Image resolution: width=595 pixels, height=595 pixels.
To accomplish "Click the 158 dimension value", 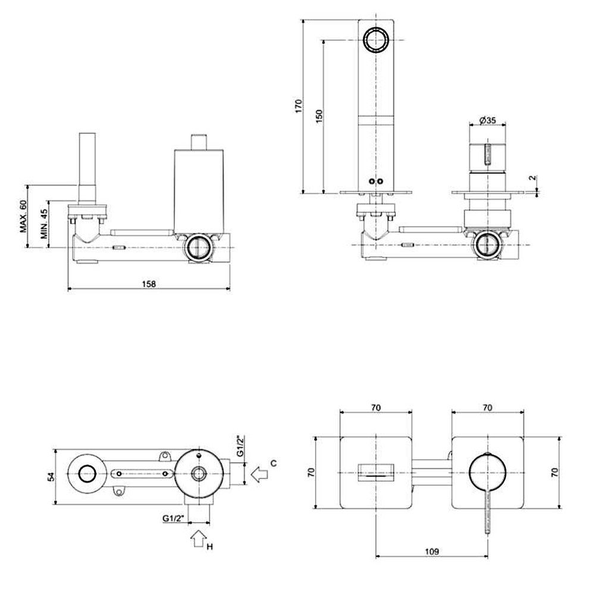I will point(149,284).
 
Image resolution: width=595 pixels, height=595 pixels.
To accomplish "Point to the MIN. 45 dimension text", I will point(44,224).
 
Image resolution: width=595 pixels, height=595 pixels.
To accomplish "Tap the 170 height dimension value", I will point(299,106).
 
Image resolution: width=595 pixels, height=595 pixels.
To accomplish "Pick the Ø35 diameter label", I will point(488,120).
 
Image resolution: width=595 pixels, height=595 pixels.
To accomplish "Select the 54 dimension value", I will point(51,476).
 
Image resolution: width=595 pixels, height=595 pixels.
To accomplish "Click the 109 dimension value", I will point(433,552).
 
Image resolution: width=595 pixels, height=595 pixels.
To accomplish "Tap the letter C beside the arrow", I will point(273,462).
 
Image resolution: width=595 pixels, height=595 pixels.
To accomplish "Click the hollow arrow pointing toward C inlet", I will point(259,475).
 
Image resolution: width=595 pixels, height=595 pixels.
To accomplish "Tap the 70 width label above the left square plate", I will point(376,408).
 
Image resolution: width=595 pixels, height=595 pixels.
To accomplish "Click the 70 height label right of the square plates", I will point(554,473).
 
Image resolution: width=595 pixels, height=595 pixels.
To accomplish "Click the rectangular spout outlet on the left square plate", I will point(376,471).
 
